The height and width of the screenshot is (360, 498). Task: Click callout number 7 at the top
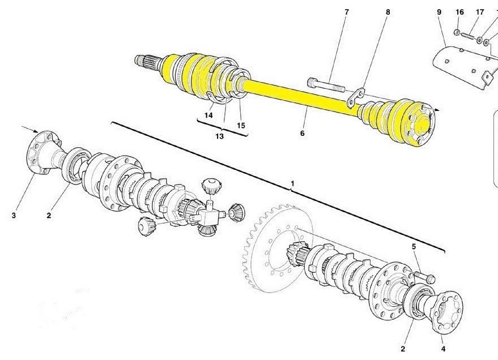[347, 12]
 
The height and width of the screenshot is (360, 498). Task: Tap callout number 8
[388, 12]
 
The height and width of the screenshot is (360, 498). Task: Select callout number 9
[439, 12]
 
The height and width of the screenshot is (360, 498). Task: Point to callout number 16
[459, 12]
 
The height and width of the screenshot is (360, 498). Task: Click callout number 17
[480, 12]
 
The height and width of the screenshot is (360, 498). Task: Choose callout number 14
[208, 115]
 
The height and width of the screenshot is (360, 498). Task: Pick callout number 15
[241, 125]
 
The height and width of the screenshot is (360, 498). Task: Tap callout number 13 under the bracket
[219, 136]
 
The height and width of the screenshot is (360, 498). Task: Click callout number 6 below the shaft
[303, 133]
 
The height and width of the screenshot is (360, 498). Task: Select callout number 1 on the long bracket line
[292, 183]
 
